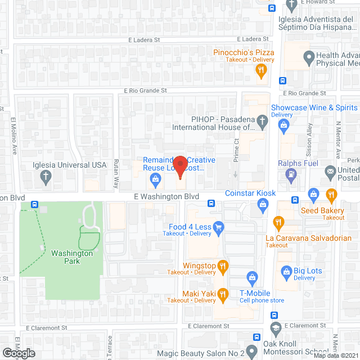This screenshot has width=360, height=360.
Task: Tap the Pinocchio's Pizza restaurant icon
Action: (x=260, y=70)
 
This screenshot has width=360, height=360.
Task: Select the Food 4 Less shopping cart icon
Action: (x=219, y=227)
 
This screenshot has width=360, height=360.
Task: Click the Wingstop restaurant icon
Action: (x=223, y=265)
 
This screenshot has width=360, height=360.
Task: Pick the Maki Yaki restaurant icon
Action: (x=223, y=294)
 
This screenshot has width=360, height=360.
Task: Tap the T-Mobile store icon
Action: (x=253, y=277)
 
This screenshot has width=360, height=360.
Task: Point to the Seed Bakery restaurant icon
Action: (x=331, y=195)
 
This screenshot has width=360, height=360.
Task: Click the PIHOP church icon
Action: (x=262, y=119)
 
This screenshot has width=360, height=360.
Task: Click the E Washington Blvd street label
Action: (x=166, y=196)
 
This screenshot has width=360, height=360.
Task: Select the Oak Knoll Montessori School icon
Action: (x=275, y=328)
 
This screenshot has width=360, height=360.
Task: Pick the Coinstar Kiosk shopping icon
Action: (x=262, y=206)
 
